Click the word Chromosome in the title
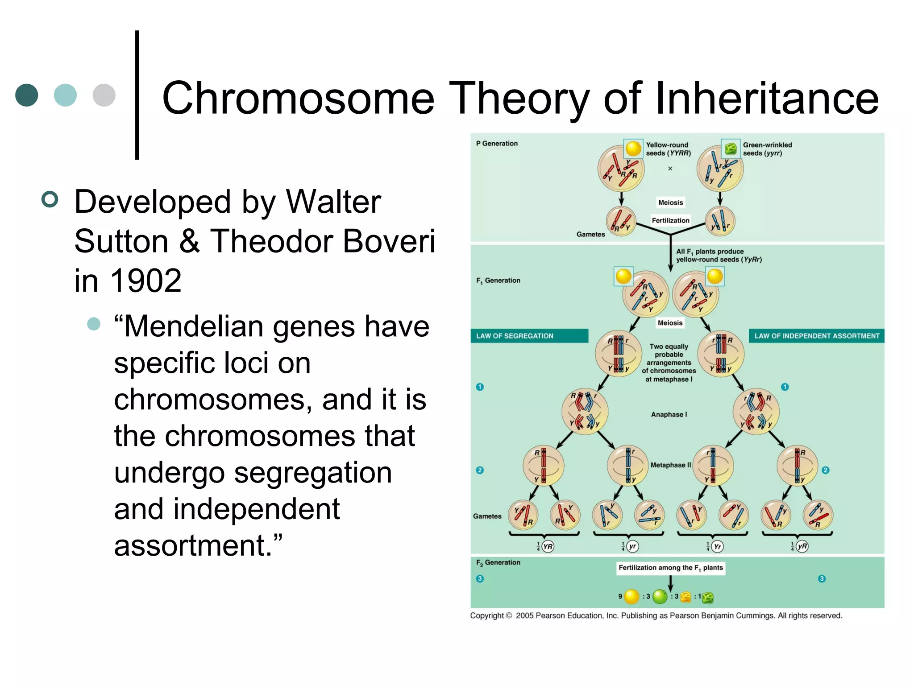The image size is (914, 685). pos(298,98)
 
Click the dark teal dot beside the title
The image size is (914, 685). pos(27,95)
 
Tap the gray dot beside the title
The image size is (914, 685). pos(104,95)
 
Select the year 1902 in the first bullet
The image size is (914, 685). pos(145,281)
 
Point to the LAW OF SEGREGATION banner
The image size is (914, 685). pos(529,336)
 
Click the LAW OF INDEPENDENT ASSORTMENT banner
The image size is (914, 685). pos(816,336)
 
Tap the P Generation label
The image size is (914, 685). pos(497,144)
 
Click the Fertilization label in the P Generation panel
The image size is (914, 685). pos(670,220)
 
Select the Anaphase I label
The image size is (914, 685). pos(669,414)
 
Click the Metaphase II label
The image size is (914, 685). pos(670,465)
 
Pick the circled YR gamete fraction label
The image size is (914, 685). pos(548,546)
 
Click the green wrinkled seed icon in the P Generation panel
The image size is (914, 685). pos(731,148)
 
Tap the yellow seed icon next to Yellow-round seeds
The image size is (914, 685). pos(633,148)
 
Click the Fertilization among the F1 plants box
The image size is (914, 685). pos(670,568)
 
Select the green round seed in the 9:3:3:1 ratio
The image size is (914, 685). pos(660,596)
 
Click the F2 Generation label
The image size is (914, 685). pos(498,563)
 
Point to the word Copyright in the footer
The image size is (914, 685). pos(486,615)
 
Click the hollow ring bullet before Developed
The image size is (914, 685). pos(50,199)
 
